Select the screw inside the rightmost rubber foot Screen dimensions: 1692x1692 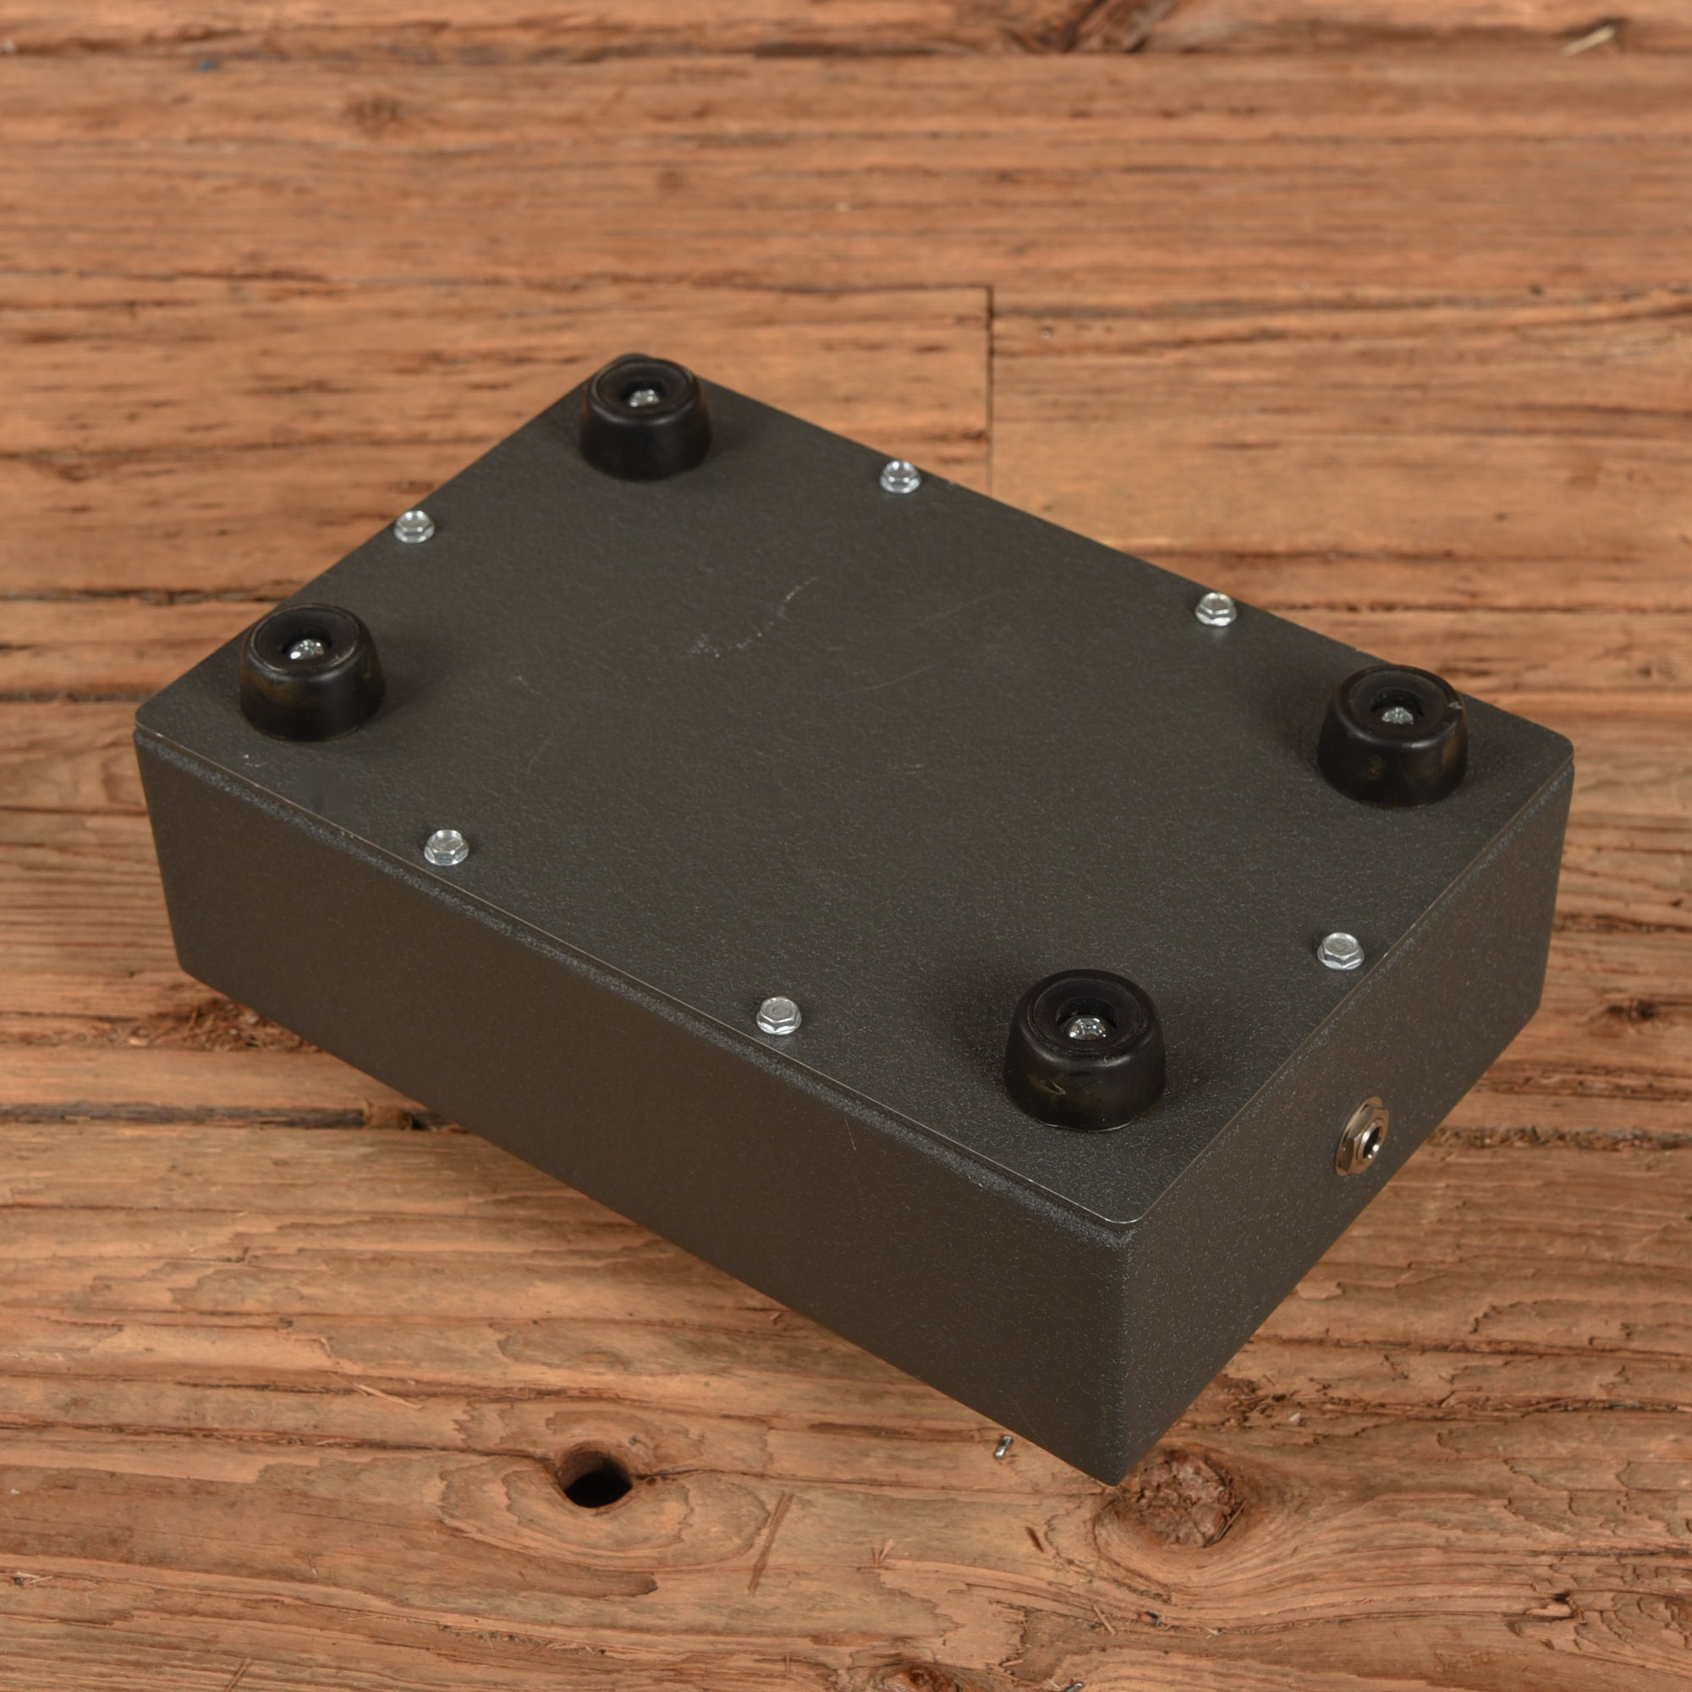[x=1396, y=716]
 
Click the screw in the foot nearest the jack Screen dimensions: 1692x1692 [x=1086, y=1027]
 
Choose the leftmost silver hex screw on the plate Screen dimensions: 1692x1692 [x=415, y=526]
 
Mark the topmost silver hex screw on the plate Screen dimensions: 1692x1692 [x=899, y=476]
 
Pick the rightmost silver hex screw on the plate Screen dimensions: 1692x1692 [x=1341, y=951]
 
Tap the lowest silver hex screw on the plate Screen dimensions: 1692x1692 [x=777, y=1016]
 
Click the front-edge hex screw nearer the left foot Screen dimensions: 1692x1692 [x=446, y=847]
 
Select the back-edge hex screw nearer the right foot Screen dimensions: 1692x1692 [x=1216, y=608]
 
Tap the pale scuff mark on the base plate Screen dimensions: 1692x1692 [x=753, y=622]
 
